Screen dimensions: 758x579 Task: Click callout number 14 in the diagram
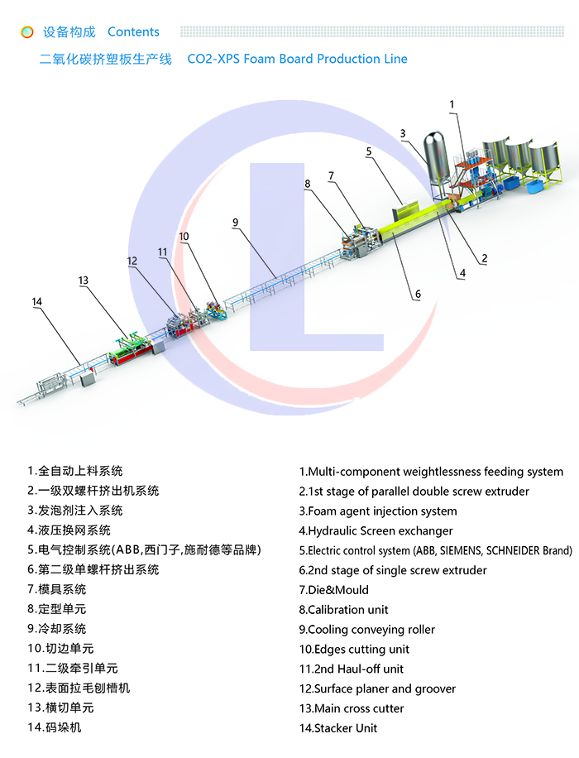[36, 302]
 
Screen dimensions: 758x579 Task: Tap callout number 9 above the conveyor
[236, 222]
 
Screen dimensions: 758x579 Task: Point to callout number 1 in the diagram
[452, 104]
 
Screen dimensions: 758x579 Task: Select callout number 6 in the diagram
[418, 294]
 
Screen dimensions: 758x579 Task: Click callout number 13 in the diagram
[84, 281]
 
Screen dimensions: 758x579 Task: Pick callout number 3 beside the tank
[403, 133]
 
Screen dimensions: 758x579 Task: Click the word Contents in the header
[133, 32]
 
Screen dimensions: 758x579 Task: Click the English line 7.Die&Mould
[334, 590]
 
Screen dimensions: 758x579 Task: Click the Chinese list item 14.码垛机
[55, 727]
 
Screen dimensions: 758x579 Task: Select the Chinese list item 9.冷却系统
[56, 629]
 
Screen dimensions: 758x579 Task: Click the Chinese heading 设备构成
[69, 32]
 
